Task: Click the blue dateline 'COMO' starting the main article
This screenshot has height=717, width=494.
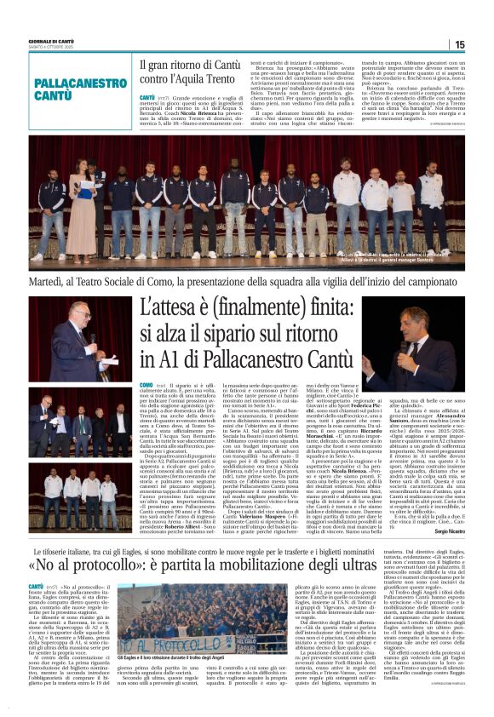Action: pyautogui.click(x=146, y=386)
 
